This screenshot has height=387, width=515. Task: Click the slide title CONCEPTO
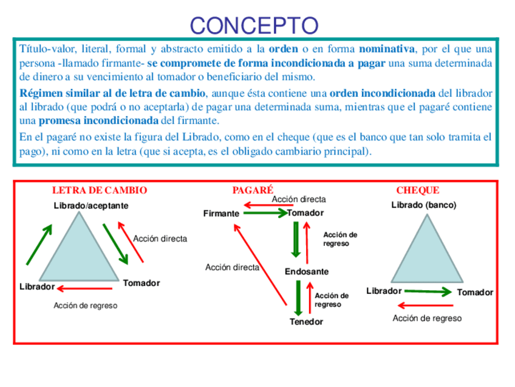pyautogui.click(x=254, y=25)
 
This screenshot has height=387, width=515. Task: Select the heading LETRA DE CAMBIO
pyautogui.click(x=100, y=190)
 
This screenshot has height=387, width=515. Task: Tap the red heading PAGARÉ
pyautogui.click(x=253, y=190)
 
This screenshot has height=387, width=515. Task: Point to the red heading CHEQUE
pyautogui.click(x=417, y=190)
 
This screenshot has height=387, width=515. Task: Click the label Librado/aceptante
pyautogui.click(x=91, y=206)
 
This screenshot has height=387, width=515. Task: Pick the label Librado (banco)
pyautogui.click(x=423, y=205)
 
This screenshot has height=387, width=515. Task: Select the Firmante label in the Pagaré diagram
pyautogui.click(x=221, y=214)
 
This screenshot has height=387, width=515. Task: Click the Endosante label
pyautogui.click(x=307, y=271)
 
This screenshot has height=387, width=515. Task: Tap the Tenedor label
pyautogui.click(x=306, y=321)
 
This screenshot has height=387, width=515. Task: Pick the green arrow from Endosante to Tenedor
pyautogui.click(x=298, y=296)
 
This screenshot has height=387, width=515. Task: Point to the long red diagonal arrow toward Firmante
pyautogui.click(x=259, y=263)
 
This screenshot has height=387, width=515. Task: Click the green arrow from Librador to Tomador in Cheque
pyautogui.click(x=428, y=292)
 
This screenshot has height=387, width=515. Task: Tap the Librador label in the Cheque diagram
pyautogui.click(x=384, y=291)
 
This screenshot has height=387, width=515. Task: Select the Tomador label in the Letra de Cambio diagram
pyautogui.click(x=141, y=283)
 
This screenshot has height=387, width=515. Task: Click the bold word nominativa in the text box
pyautogui.click(x=386, y=49)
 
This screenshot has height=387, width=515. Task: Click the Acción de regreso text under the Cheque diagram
pyautogui.click(x=427, y=318)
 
